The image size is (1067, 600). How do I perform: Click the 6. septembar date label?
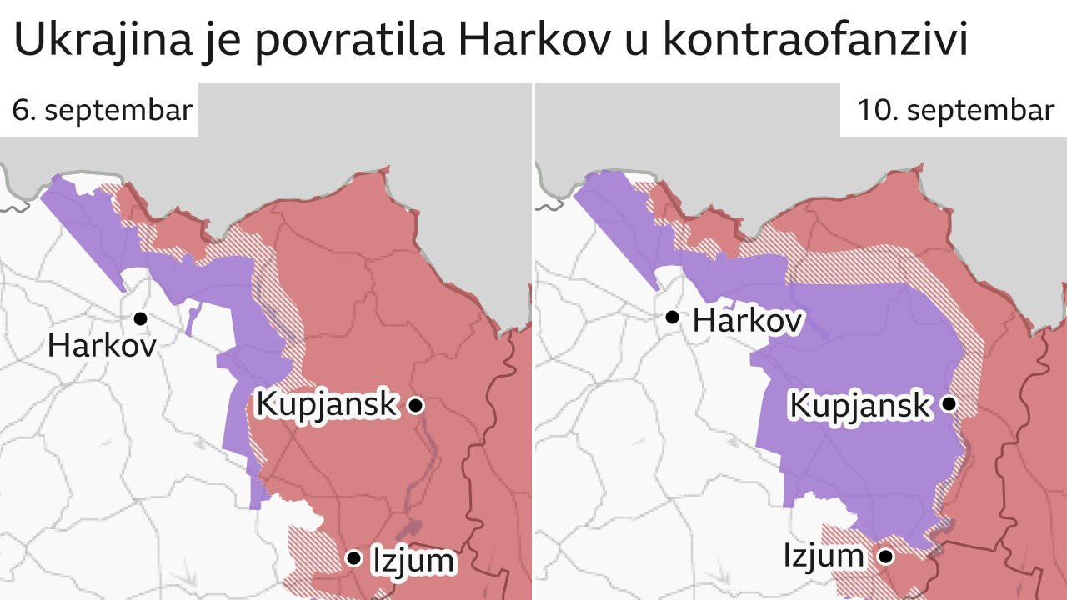103,111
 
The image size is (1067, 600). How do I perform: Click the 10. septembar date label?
956,111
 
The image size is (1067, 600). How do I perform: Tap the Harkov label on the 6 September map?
102,345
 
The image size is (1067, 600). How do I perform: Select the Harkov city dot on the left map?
140,317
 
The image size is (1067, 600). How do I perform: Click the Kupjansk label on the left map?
326,404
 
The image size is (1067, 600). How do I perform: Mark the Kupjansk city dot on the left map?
415,405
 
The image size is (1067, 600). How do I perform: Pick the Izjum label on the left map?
413,560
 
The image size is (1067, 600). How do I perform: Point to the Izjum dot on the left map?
354,557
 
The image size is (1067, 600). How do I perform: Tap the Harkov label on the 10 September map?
747,320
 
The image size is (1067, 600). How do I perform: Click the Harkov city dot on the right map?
672,317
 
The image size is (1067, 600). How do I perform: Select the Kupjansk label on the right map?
859,405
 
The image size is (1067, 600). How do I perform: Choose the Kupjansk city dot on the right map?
949,404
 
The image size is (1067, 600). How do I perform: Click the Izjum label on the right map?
824,556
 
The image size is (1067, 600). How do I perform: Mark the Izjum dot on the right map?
886,554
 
